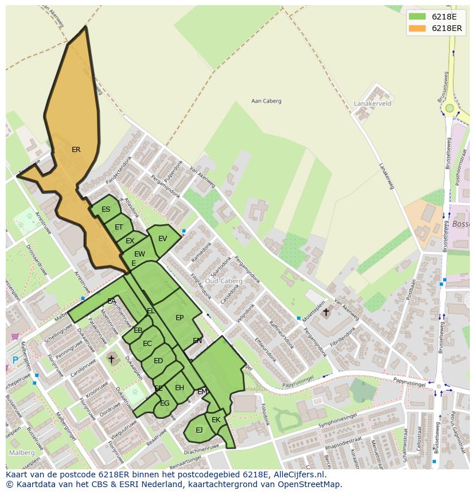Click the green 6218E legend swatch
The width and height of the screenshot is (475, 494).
click(417, 17)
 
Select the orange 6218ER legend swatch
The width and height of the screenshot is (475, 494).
click(417, 28)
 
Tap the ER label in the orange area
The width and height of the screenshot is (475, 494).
click(76, 150)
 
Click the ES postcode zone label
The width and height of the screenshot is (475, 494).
click(106, 209)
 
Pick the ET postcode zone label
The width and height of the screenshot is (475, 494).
click(119, 227)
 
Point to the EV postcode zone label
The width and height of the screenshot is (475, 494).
click(162, 239)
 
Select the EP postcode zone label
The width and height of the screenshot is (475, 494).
click(180, 318)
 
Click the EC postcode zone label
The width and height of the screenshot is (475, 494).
click(147, 344)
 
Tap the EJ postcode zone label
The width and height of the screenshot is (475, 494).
click(199, 430)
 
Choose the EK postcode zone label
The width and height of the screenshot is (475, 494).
click(216, 420)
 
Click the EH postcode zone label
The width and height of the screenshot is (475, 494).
click(180, 388)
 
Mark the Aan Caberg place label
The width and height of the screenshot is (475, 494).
click(266, 101)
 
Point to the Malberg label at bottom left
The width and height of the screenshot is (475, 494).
click(21, 452)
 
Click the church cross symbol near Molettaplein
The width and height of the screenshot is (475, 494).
click(326, 312)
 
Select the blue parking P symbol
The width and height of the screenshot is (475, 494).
click(15, 360)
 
